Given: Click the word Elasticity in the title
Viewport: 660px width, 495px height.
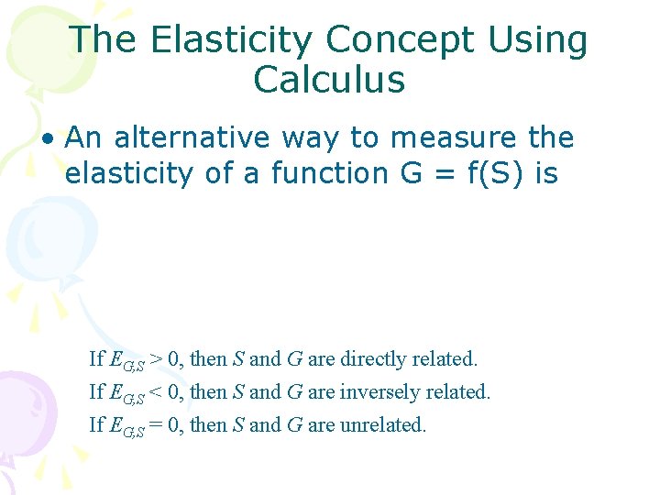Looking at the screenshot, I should pyautogui.click(x=229, y=40).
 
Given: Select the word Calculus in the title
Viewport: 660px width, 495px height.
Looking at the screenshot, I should pyautogui.click(x=329, y=81).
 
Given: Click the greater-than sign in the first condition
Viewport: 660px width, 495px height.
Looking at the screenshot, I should pyautogui.click(x=157, y=358).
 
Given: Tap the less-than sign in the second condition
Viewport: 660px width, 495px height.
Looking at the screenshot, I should pyautogui.click(x=157, y=392).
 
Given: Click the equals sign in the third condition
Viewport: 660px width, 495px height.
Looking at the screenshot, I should pyautogui.click(x=157, y=425).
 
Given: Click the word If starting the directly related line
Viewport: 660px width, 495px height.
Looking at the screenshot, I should pyautogui.click(x=96, y=358).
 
